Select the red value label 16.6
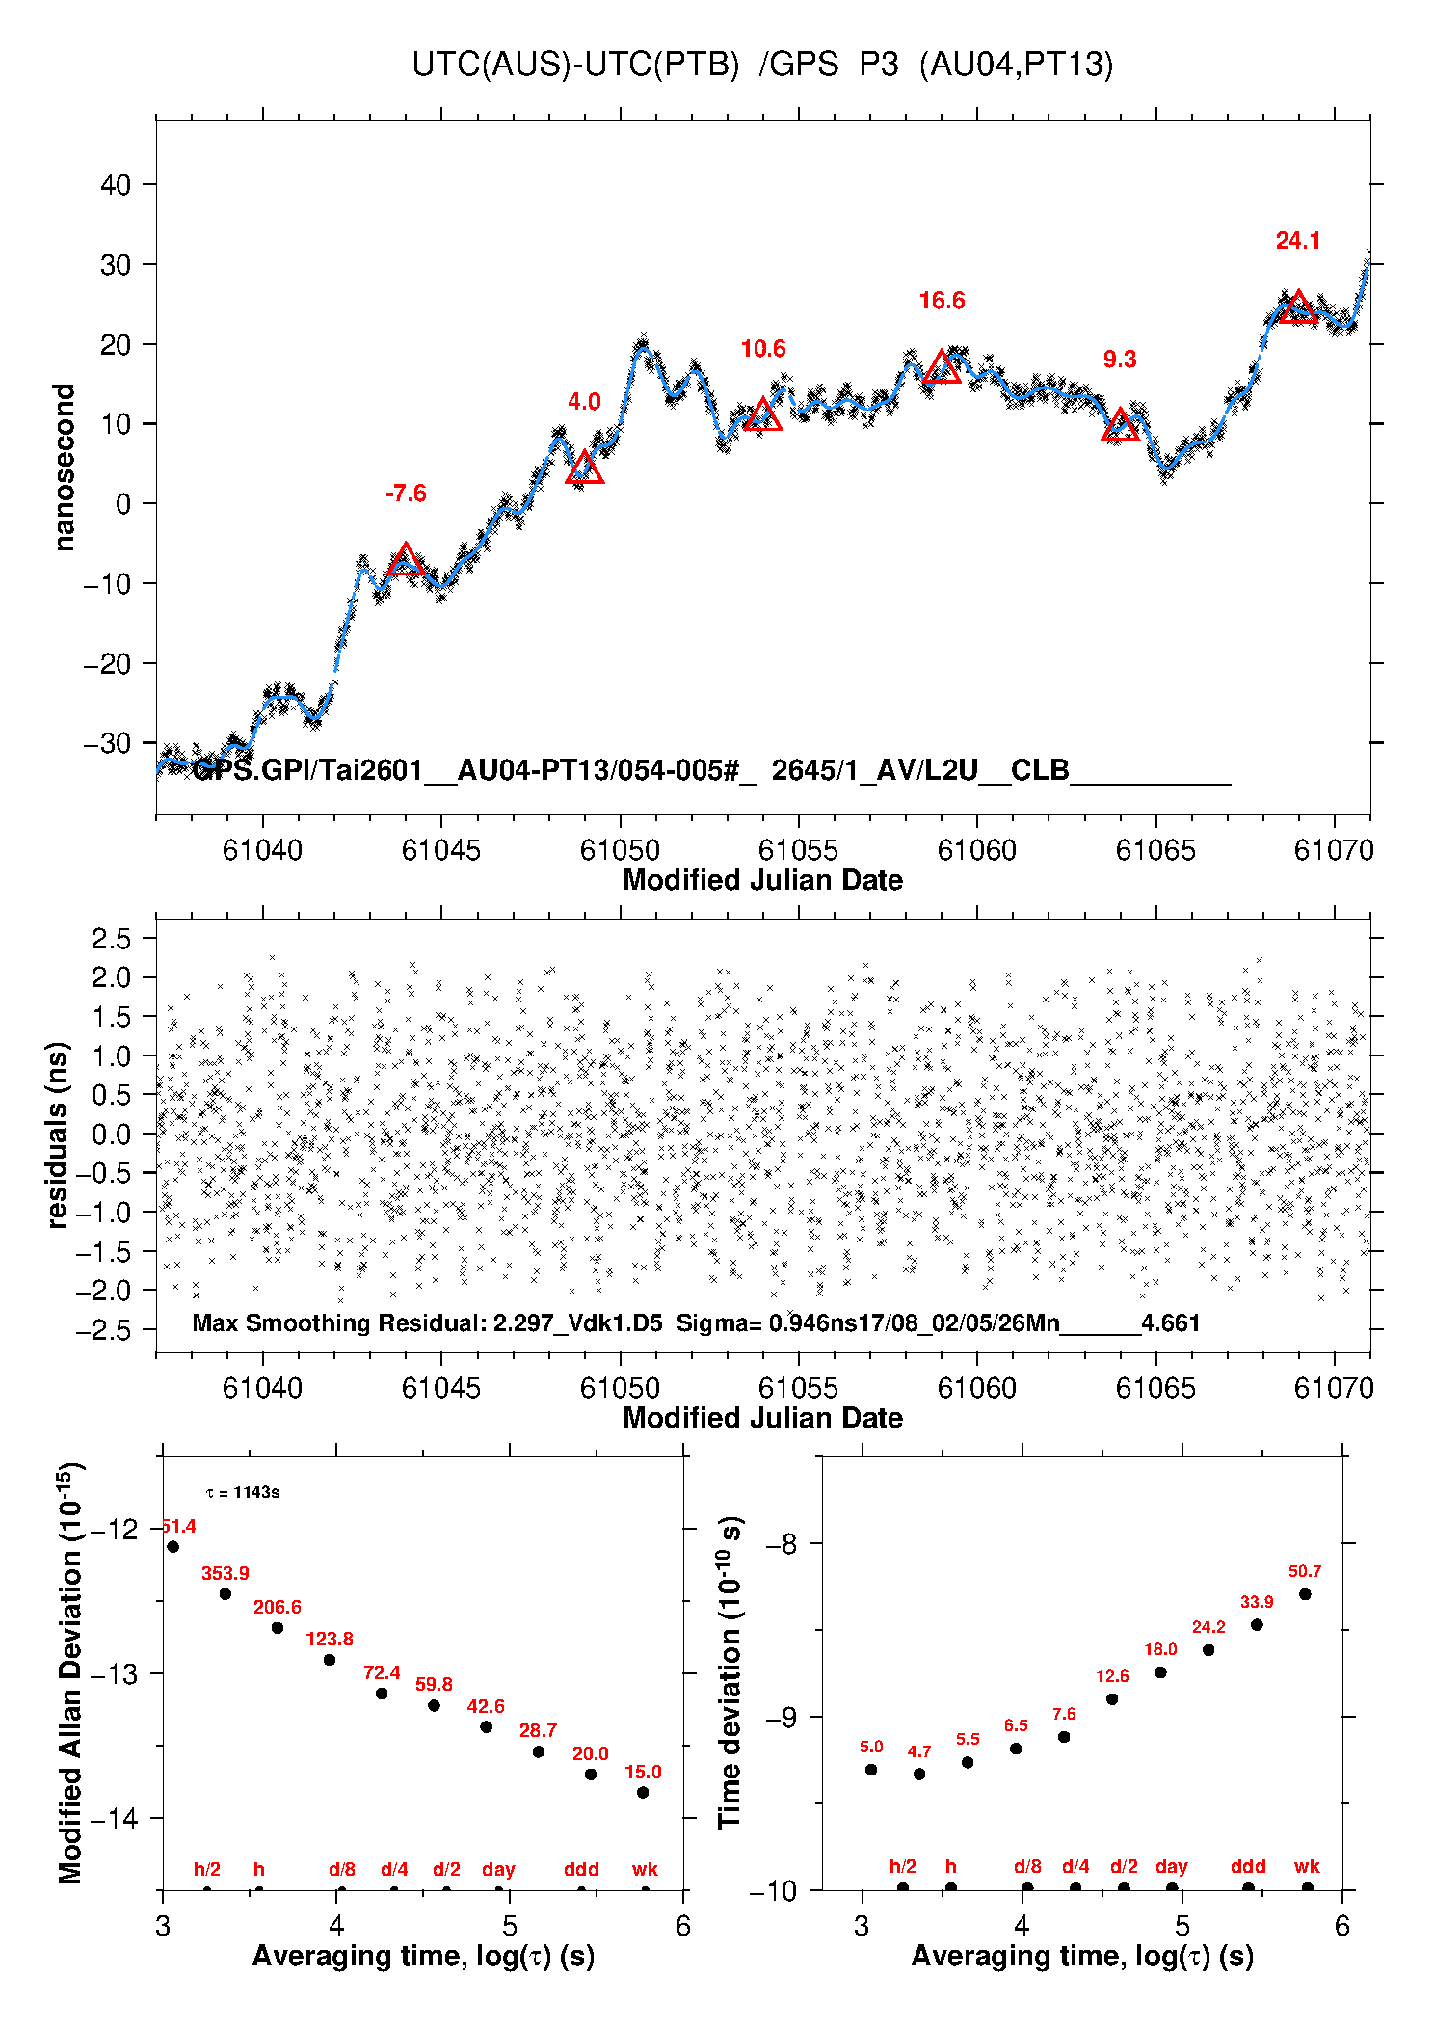pos(942,301)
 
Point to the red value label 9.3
pos(1120,360)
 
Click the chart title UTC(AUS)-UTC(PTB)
pos(575,65)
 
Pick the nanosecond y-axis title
pos(65,467)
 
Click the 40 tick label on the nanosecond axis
pos(116,184)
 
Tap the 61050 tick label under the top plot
pos(620,850)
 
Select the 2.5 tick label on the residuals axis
pos(110,938)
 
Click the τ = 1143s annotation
pos(243,1493)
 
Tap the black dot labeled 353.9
pos(226,1593)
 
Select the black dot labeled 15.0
pos(643,1792)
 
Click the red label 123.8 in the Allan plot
pos(330,1639)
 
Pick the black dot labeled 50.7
pos(1305,1593)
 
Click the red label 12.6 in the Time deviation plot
pos(1112,1676)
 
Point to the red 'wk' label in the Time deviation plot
pos(1307,1866)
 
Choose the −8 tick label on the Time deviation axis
pos(781,1544)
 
